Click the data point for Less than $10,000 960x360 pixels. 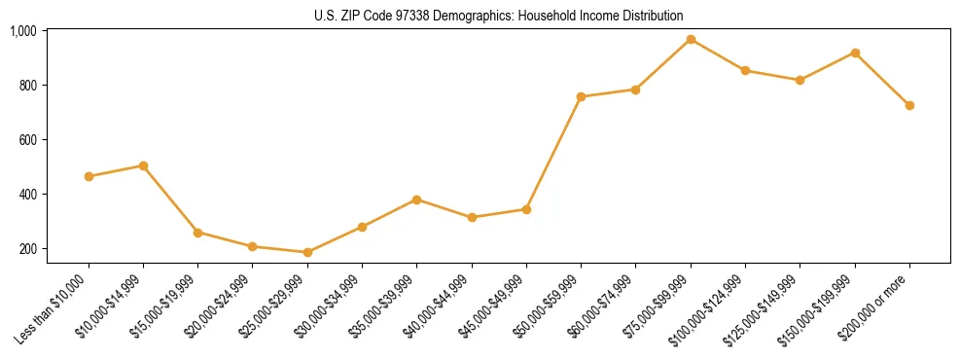coord(89,176)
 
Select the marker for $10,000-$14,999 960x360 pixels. coord(143,165)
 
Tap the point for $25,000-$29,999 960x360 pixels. coord(307,252)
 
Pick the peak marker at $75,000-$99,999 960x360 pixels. coord(691,39)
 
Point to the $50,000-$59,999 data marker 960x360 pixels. coord(581,96)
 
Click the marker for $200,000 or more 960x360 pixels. coord(909,105)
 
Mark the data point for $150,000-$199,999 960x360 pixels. coord(855,53)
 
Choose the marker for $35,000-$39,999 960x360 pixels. coord(416,199)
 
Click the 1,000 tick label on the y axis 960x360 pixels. coord(22,31)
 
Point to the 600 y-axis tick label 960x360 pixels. coord(26,140)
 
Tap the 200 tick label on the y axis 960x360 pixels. coord(26,249)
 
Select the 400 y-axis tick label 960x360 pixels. coord(26,195)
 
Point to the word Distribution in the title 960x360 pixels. coord(652,16)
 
